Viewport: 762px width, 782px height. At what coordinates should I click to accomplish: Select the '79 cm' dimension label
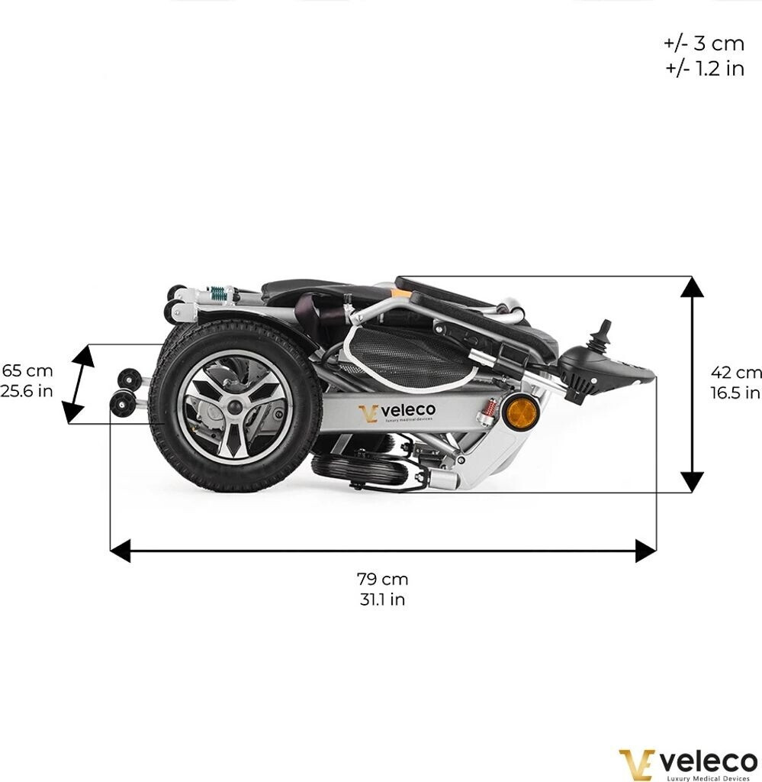click(x=382, y=579)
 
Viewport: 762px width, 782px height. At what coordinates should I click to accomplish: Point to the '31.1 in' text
click(x=382, y=599)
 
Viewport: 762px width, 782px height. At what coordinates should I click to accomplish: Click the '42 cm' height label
click(x=736, y=373)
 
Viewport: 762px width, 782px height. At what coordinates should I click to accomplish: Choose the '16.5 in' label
click(x=736, y=393)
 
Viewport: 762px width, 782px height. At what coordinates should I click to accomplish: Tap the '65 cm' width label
click(x=27, y=371)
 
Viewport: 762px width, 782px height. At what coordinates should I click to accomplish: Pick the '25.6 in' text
click(x=27, y=392)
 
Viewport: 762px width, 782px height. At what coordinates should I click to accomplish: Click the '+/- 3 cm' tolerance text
click(x=703, y=43)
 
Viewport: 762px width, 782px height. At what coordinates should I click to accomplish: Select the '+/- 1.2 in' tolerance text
click(x=703, y=68)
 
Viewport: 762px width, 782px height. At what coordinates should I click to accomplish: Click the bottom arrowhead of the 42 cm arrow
click(x=692, y=482)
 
